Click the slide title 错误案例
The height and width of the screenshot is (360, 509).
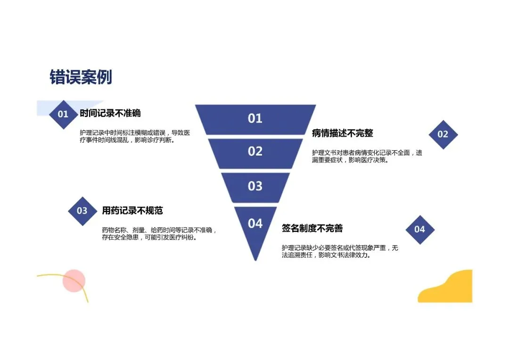pos(81,77)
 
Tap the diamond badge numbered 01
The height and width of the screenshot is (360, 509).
pos(63,114)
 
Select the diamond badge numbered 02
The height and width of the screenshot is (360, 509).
pos(443,134)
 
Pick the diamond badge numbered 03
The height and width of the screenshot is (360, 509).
pos(82,211)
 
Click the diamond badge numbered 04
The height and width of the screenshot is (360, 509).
pos(419,229)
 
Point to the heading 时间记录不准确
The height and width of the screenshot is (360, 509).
pos(110,113)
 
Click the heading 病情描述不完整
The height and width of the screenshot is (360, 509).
pos(342,133)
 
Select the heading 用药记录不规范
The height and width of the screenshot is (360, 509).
pos(132,211)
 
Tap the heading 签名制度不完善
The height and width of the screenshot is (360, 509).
pos(312,229)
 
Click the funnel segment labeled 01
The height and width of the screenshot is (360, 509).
pos(255,119)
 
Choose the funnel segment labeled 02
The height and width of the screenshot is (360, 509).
pos(255,152)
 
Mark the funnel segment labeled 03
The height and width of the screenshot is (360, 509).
pos(255,186)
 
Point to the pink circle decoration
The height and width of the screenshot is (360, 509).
pos(74,280)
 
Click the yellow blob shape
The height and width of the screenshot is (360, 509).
pos(448,288)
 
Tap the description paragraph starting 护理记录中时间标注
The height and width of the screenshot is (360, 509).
pos(135,137)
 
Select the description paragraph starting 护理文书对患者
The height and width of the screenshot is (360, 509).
pos(367,156)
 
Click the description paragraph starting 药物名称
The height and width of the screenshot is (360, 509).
pos(159,234)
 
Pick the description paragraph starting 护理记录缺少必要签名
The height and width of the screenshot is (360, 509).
pos(340,252)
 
